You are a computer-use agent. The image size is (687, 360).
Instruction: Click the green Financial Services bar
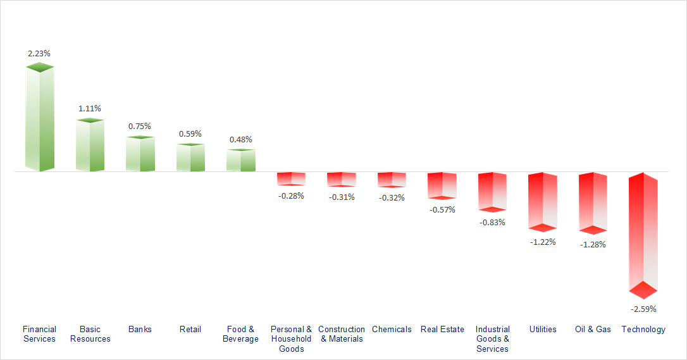click(x=39, y=118)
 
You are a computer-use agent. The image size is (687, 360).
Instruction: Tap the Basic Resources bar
click(x=90, y=146)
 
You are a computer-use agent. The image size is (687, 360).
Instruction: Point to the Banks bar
click(x=140, y=154)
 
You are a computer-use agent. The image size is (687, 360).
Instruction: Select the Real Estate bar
click(x=442, y=185)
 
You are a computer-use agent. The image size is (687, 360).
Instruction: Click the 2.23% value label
click(x=39, y=53)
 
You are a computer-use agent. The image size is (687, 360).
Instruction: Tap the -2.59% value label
click(x=643, y=309)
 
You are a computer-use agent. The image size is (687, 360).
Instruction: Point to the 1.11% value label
click(x=90, y=108)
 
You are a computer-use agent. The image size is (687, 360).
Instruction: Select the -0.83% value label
click(x=492, y=222)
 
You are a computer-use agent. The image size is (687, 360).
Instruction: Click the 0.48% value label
click(x=240, y=139)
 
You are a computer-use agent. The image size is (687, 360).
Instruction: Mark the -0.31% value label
click(x=342, y=197)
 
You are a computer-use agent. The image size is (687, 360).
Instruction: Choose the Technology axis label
click(x=643, y=329)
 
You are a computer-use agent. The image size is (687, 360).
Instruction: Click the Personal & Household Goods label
click(x=291, y=338)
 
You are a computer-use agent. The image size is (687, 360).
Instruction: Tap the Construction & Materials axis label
click(x=342, y=334)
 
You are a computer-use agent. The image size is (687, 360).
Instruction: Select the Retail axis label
click(x=190, y=329)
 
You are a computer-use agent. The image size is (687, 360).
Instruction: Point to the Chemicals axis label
click(x=392, y=329)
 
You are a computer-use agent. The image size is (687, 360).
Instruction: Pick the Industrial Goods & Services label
click(x=492, y=338)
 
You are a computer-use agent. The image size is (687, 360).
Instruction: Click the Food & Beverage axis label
click(x=240, y=334)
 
